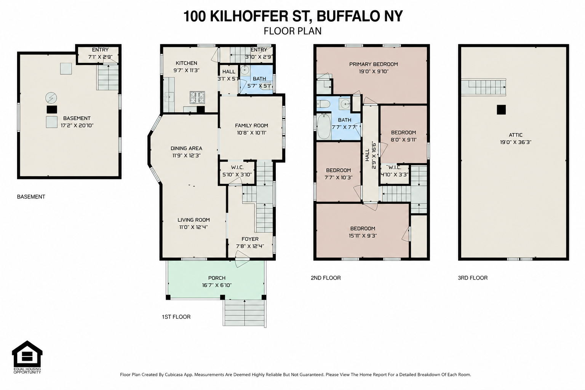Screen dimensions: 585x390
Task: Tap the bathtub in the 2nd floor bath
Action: [324, 127]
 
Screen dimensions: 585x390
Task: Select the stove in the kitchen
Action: [197, 97]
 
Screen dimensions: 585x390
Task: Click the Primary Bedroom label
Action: [374, 64]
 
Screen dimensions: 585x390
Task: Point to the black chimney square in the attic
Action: [501, 110]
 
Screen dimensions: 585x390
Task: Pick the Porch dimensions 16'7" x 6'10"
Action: [217, 285]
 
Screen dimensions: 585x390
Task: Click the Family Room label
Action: [251, 126]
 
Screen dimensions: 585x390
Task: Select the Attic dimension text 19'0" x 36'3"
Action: [516, 142]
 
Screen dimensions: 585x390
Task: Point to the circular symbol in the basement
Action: [51, 98]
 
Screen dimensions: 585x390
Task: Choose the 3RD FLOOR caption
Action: [473, 278]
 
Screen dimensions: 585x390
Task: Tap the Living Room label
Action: [193, 220]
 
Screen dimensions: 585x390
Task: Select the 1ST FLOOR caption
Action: [176, 317]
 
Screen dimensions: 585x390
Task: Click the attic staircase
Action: [483, 87]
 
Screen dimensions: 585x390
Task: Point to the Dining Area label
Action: [186, 149]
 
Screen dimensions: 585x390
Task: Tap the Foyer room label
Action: [250, 239]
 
